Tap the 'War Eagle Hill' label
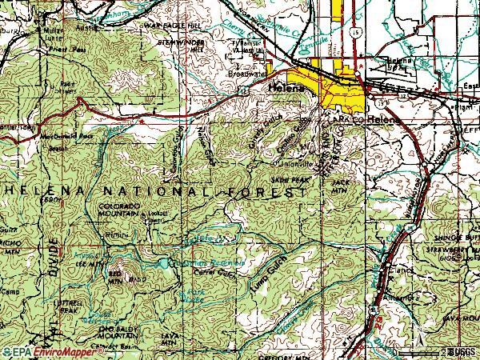[170, 26]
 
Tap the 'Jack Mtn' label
[340, 186]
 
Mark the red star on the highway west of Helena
[141, 119]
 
